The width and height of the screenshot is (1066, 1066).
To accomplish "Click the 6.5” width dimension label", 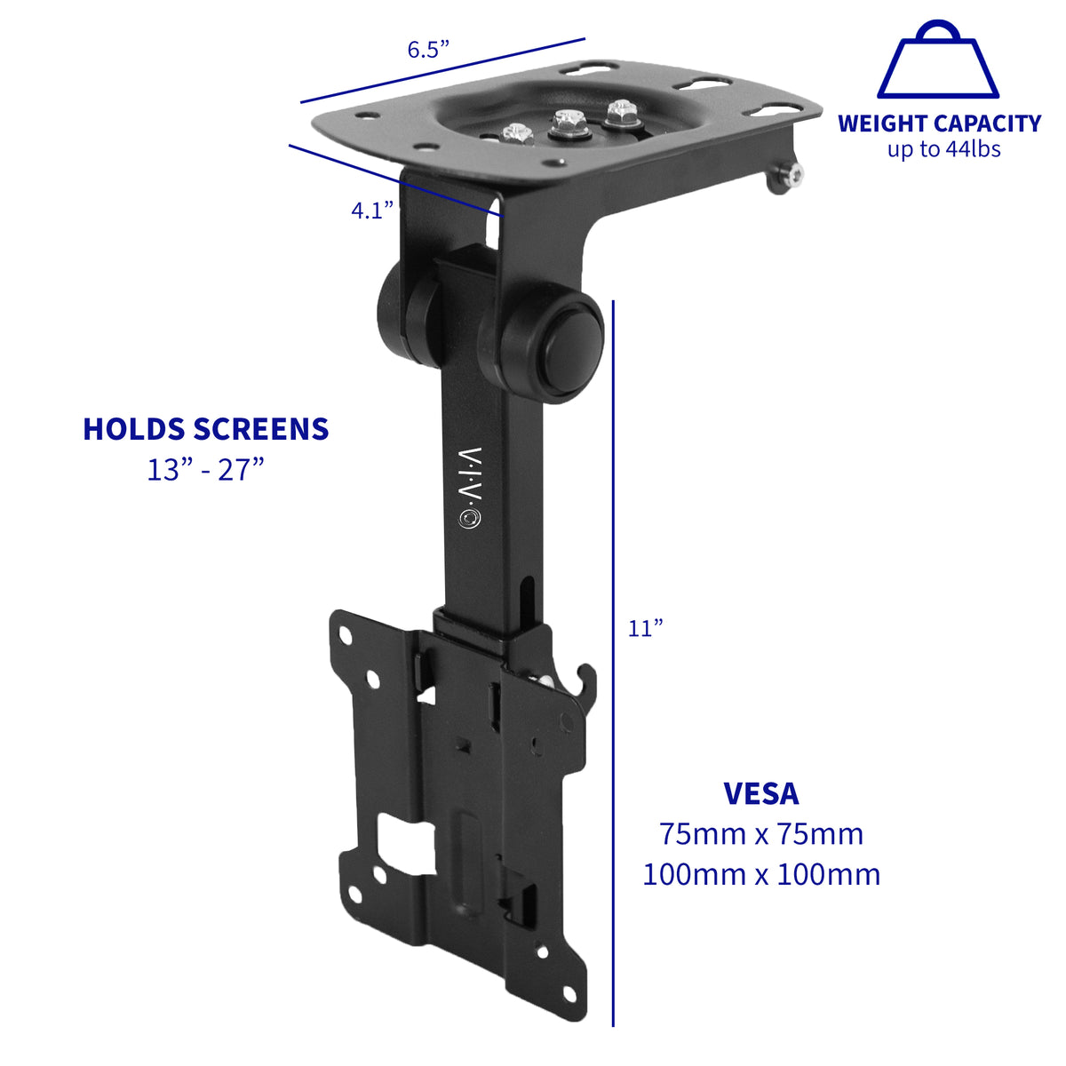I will click(x=428, y=50).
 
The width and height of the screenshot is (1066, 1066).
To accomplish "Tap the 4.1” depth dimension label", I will click(x=372, y=211).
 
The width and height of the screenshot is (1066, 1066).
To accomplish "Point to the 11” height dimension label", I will click(x=646, y=628).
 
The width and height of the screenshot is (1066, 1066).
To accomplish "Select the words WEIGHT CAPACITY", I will click(x=939, y=123).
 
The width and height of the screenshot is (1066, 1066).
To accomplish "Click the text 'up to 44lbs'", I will click(x=943, y=149).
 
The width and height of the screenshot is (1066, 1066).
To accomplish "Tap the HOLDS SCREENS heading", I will click(x=206, y=429).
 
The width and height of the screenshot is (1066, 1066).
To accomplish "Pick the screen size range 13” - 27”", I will click(x=206, y=469).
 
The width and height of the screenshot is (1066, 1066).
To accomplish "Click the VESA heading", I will click(x=761, y=792).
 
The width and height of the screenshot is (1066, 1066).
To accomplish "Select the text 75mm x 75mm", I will click(x=761, y=834).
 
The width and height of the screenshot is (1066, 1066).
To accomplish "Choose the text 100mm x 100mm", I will click(x=761, y=874).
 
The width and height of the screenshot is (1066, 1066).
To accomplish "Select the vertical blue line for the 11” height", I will click(x=613, y=666).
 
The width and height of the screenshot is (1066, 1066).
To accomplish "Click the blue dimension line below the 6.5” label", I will click(x=442, y=70).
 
